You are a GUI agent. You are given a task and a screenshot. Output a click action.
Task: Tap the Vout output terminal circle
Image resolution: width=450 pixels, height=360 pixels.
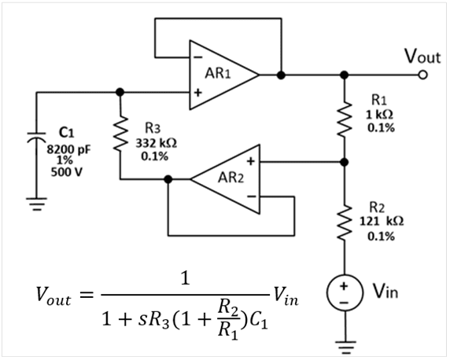click(x=422, y=75)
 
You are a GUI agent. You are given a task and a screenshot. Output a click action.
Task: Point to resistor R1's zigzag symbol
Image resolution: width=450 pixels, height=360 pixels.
click(x=345, y=119)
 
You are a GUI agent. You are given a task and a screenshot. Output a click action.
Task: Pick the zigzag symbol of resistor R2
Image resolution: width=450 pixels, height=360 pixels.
click(x=345, y=222)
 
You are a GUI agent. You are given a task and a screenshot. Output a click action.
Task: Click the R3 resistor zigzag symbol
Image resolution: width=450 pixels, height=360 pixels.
click(x=120, y=134)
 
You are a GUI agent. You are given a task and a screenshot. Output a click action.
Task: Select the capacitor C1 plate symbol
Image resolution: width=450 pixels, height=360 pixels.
click(x=36, y=138)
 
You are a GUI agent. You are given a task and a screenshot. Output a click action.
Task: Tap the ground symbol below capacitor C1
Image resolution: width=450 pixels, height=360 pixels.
click(x=36, y=204)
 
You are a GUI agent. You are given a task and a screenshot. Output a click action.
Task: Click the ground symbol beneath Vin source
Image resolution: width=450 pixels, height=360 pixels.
click(x=345, y=347)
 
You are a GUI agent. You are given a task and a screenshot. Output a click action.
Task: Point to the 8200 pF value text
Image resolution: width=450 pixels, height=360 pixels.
click(x=68, y=149)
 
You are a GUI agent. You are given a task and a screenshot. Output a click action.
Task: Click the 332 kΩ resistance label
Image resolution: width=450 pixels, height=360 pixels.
click(x=156, y=143)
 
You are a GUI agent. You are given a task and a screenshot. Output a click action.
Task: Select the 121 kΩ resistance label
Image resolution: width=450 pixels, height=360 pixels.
click(x=382, y=221)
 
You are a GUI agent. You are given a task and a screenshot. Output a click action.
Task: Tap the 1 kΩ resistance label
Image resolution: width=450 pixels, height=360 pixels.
click(x=379, y=115)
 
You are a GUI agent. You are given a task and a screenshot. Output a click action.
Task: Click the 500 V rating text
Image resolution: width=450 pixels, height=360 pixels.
click(x=67, y=172)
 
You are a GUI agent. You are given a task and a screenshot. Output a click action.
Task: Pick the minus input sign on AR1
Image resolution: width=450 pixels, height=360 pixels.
click(x=198, y=57)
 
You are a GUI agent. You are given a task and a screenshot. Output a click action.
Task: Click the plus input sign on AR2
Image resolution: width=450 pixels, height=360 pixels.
click(x=250, y=161)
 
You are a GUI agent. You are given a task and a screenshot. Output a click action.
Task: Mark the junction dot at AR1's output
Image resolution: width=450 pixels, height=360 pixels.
click(x=282, y=75)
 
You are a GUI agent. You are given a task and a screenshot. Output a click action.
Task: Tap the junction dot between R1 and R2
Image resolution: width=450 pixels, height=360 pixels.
click(x=345, y=163)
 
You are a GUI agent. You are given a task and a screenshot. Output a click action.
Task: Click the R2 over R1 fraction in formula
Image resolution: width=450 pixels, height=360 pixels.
click(x=228, y=320)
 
